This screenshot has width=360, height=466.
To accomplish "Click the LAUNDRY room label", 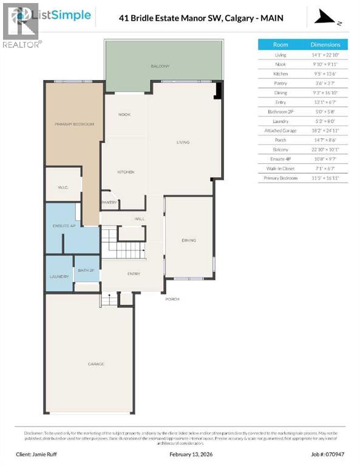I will coord(59,277).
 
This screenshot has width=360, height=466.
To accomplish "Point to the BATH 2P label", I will coord(86,270).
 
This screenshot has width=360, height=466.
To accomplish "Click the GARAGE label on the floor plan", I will coord(96,364).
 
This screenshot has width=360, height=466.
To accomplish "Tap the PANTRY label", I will coord(109,203).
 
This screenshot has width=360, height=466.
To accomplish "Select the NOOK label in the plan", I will coord(124,114).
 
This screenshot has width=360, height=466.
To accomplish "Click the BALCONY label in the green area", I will coord(160,66).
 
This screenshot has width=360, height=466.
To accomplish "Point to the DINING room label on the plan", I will coord(189,240).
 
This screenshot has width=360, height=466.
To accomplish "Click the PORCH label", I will coord(172,299).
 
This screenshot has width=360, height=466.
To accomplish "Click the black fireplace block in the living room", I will coord(219,91).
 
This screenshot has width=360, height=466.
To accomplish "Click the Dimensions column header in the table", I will coord(325,45).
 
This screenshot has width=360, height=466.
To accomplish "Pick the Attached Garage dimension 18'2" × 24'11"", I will coord(325,130).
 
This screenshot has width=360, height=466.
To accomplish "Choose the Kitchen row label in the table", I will coord(280,73).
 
